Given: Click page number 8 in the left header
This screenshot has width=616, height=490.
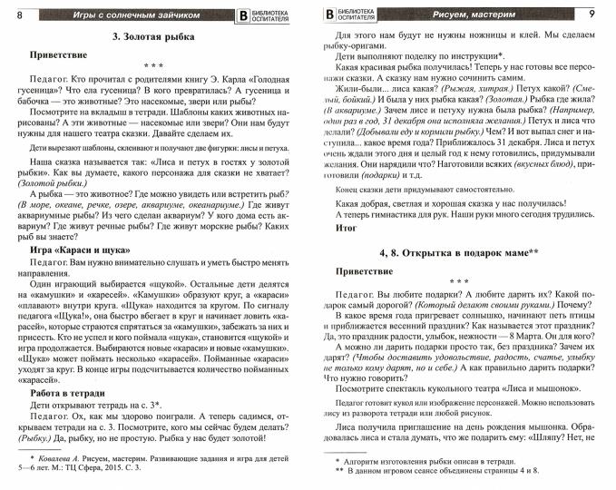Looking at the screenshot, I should [20, 15].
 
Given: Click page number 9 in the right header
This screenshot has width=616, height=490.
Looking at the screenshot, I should [592, 15].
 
